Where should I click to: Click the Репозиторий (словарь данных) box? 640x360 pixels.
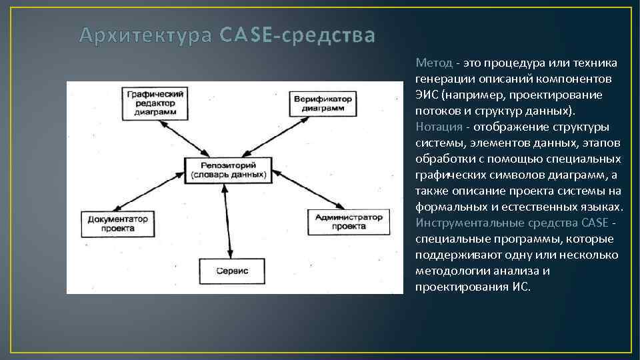[x=228, y=170]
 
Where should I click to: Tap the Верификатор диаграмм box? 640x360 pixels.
[x=321, y=103]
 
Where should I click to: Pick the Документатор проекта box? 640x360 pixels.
[x=117, y=223]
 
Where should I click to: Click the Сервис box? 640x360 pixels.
[x=232, y=271]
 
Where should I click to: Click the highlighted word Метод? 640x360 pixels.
[x=434, y=63]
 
